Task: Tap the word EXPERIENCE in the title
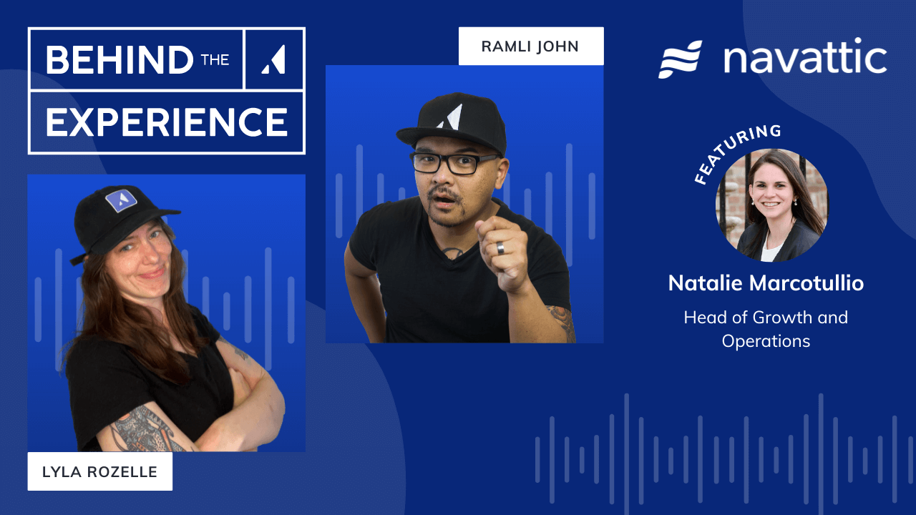(x=167, y=122)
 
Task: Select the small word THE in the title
(x=215, y=60)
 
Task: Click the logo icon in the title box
(x=274, y=59)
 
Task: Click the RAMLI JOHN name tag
(x=530, y=46)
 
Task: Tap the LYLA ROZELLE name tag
(x=99, y=471)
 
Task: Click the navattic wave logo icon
(x=680, y=59)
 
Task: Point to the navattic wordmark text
(x=805, y=59)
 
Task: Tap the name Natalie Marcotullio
(x=766, y=283)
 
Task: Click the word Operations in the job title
(x=766, y=340)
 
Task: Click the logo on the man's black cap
(x=450, y=117)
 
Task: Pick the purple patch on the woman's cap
(x=121, y=201)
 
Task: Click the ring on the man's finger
(x=501, y=247)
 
